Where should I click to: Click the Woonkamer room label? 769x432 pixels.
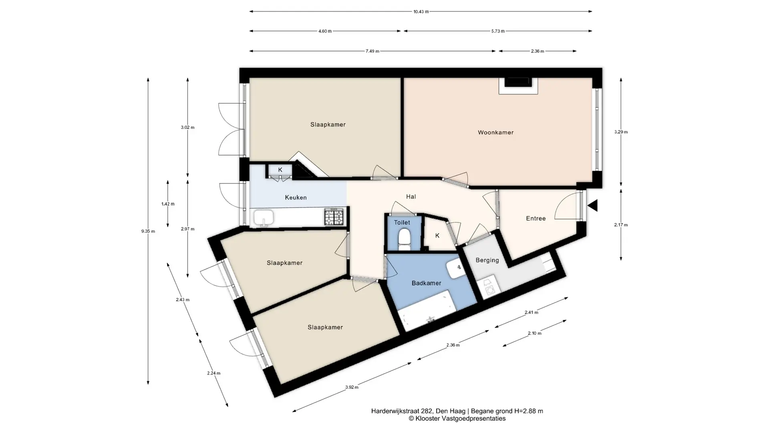(495, 132)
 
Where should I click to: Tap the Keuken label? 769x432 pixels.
(296, 198)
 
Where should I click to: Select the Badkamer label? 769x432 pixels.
(426, 283)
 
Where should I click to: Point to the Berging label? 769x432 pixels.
(487, 260)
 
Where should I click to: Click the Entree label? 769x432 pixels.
(535, 218)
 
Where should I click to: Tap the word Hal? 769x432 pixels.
(411, 197)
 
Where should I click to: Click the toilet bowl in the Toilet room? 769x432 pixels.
(404, 238)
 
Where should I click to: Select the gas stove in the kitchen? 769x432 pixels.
(334, 217)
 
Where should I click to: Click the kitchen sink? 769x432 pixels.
(264, 218)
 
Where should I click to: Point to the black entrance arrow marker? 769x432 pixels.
(593, 206)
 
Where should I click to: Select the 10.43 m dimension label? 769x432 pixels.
(421, 12)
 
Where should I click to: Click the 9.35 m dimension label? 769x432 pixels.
(148, 231)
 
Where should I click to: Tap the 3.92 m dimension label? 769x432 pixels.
(352, 387)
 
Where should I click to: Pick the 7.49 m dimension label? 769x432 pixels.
(372, 51)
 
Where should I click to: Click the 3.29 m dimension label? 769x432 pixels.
(621, 132)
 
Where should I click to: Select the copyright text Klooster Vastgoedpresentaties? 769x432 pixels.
(457, 418)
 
